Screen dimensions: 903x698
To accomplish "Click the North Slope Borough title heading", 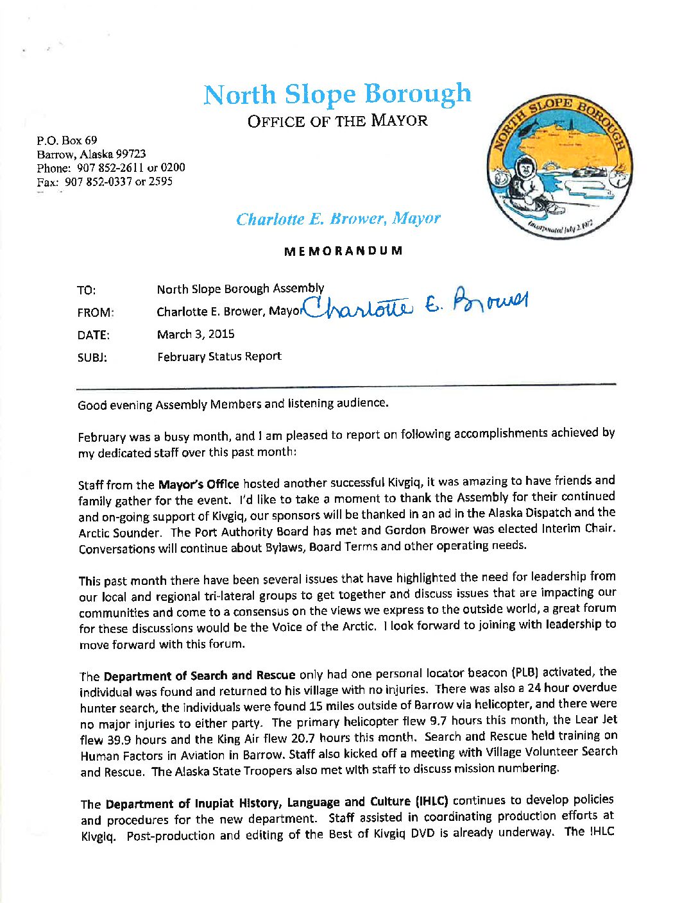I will [x=337, y=95].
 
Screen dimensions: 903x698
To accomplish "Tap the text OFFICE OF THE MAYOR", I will [x=337, y=121].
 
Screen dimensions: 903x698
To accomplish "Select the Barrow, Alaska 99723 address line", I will [x=91, y=154].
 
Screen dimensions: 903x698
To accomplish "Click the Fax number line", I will [x=105, y=181].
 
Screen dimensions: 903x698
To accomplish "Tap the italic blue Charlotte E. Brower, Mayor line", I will [x=338, y=219].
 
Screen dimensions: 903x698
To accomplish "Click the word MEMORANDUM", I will [x=343, y=251].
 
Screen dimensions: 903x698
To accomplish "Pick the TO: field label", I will [x=87, y=291].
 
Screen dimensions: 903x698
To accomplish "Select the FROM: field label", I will [x=96, y=313].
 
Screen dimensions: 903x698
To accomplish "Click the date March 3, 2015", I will [x=196, y=334].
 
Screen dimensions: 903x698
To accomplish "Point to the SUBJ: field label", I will [x=92, y=358].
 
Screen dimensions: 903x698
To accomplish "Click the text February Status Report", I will [x=219, y=357].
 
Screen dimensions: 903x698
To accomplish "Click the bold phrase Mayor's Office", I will [x=199, y=484].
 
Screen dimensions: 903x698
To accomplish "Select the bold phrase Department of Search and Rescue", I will [x=200, y=675].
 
